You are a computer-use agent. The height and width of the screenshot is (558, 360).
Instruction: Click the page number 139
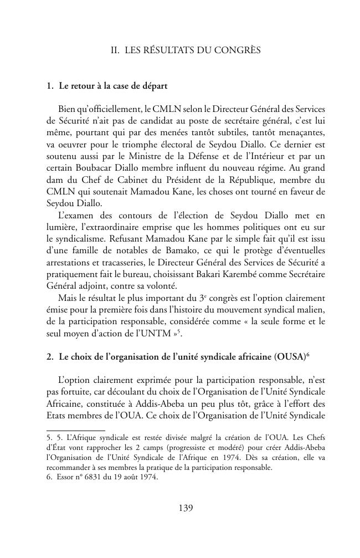coord(186,508)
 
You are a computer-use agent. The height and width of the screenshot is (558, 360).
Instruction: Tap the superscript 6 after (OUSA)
coord(307,355)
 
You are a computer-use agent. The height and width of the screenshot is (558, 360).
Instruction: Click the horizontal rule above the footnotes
coord(75,430)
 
